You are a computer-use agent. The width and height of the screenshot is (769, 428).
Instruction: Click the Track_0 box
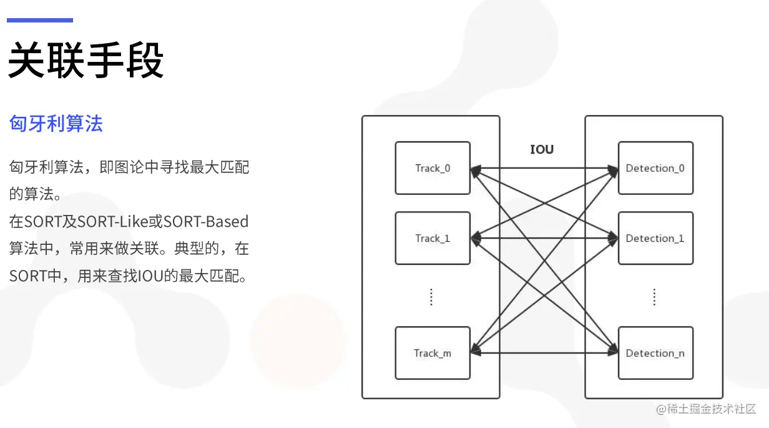[x=432, y=167]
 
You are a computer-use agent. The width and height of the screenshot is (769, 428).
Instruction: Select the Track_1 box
[x=432, y=238]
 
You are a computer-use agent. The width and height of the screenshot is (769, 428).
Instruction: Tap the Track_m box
[x=432, y=353]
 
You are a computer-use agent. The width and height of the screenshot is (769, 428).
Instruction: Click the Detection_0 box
[x=655, y=167]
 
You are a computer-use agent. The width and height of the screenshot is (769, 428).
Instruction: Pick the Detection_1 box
[x=655, y=238]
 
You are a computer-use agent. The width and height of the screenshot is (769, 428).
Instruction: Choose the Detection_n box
[x=655, y=353]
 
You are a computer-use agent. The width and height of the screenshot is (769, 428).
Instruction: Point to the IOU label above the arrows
[x=541, y=149]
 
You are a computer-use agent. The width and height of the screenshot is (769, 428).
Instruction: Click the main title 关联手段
[x=86, y=61]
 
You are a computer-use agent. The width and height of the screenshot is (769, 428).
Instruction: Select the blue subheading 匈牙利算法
[x=56, y=123]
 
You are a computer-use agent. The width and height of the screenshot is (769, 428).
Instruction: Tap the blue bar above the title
[x=40, y=20]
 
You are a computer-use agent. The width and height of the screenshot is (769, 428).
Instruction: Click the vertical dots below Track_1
[x=431, y=297]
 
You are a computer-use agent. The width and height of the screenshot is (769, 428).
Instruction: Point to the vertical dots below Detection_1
[x=654, y=297]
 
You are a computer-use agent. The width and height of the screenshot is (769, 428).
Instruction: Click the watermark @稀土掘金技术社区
[x=705, y=409]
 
